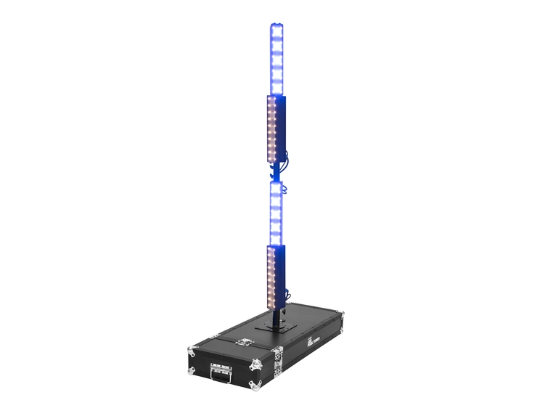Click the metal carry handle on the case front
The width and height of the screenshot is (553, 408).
pyautogui.click(x=221, y=375)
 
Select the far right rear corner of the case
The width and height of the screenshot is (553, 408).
pyautogui.click(x=340, y=314)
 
